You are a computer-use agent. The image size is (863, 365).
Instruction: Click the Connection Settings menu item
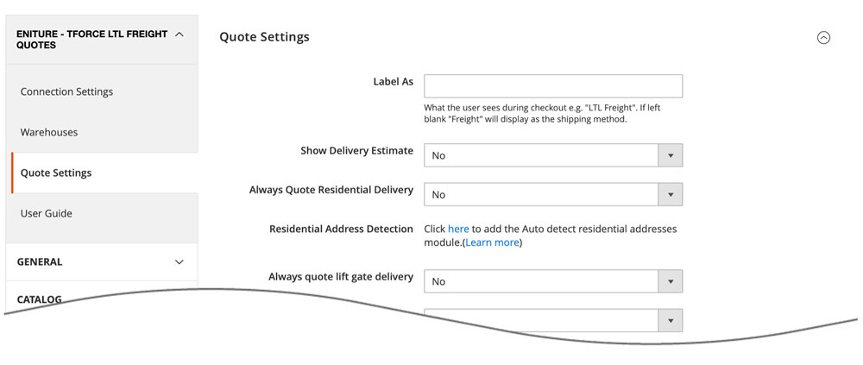pos(66,91)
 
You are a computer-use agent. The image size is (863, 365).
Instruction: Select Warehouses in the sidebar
pos(49,132)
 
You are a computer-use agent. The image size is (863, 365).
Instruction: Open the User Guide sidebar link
pos(47,213)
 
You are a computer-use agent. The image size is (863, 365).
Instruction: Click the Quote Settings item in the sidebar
pos(56,173)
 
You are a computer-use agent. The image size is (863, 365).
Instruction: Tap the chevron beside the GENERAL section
pos(180,262)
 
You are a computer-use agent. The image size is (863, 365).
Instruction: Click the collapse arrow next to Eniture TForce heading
pos(180,35)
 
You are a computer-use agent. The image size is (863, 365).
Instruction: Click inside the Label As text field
pos(552,85)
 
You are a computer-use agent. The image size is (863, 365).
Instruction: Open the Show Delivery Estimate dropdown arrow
pos(671,155)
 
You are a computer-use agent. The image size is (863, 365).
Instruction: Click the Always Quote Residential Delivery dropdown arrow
pos(671,194)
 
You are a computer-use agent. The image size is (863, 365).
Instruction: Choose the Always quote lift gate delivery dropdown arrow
pos(671,281)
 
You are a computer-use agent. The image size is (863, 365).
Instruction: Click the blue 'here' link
pos(458,229)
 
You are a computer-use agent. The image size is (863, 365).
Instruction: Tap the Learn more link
pos(493,242)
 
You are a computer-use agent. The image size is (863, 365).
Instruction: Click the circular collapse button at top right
pos(823,37)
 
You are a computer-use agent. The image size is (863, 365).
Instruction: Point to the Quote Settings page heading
pos(264,37)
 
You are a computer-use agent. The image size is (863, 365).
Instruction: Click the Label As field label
pos(393,81)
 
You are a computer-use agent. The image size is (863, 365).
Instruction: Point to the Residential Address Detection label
pos(341,229)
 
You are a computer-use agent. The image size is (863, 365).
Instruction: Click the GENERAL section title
pos(40,262)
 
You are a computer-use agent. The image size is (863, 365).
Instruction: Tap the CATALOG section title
pos(40,299)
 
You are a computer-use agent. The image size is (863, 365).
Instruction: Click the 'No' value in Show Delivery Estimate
pos(439,155)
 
